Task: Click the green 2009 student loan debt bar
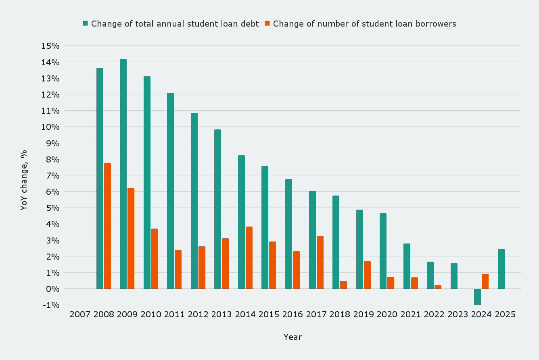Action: coord(123,174)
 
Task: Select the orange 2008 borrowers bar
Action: coord(107,226)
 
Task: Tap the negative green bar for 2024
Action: coord(477,297)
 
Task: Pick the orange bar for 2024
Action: coord(485,281)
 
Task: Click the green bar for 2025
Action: coord(501,268)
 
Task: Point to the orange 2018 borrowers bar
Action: coord(343,285)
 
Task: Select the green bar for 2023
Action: coord(454,276)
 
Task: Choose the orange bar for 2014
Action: coord(249,258)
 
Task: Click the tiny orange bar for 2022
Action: coord(438,287)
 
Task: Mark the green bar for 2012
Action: coord(194,201)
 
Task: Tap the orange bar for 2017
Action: coord(320,262)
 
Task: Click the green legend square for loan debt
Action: coord(85,23)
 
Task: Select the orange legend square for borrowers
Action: coord(267,23)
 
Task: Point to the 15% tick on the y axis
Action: coord(50,46)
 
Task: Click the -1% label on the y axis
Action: coord(50,305)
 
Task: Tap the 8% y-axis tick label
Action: coord(52,159)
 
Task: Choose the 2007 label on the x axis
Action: coord(80,314)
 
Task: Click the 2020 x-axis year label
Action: coord(387,314)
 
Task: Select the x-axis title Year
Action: coord(292,337)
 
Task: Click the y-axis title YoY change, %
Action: coord(24,180)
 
